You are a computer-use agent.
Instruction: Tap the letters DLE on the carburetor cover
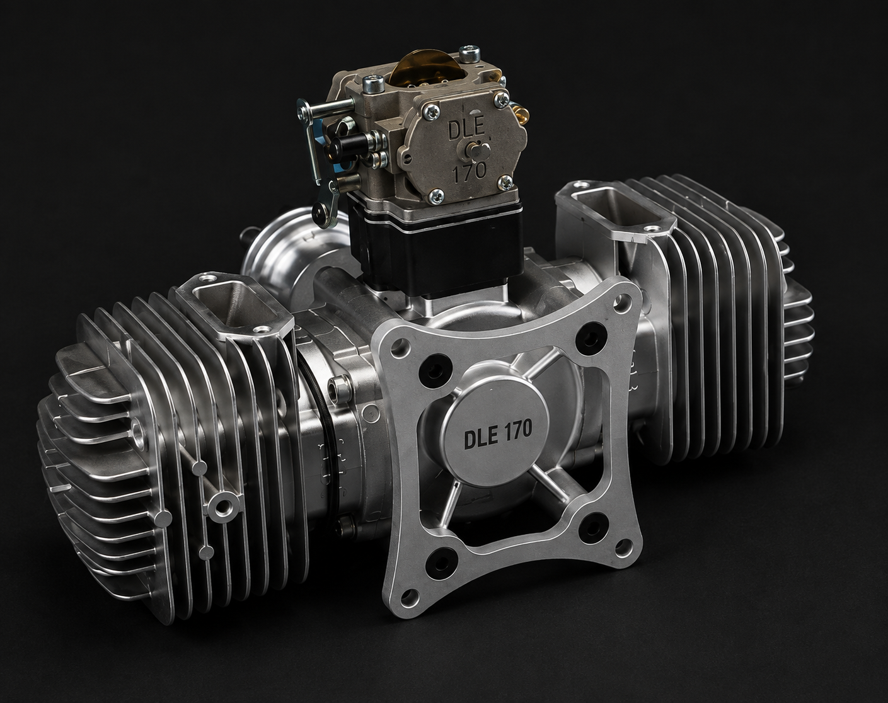click(x=466, y=129)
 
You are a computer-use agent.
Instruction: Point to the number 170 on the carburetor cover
click(x=470, y=172)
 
